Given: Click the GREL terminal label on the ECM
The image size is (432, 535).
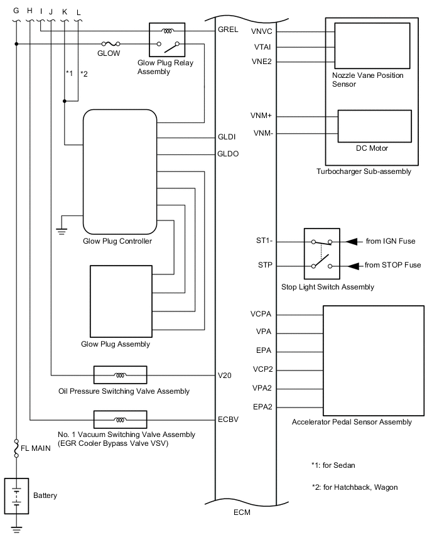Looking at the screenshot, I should pyautogui.click(x=227, y=30).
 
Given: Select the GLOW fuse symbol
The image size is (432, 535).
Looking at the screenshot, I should pyautogui.click(x=111, y=44).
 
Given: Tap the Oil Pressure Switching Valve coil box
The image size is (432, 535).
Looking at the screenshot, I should pyautogui.click(x=120, y=376).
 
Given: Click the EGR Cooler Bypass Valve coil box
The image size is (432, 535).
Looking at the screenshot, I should pyautogui.click(x=120, y=419).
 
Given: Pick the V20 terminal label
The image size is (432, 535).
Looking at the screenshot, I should pyautogui.click(x=225, y=376).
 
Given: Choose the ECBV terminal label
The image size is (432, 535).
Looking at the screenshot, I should pyautogui.click(x=227, y=419).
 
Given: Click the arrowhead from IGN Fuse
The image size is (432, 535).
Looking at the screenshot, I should pyautogui.click(x=355, y=241).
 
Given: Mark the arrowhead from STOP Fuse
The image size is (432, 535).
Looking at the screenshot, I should pyautogui.click(x=355, y=266).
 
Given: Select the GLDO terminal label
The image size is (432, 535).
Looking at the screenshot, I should pyautogui.click(x=227, y=153).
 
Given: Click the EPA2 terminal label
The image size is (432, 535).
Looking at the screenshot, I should pyautogui.click(x=262, y=407).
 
